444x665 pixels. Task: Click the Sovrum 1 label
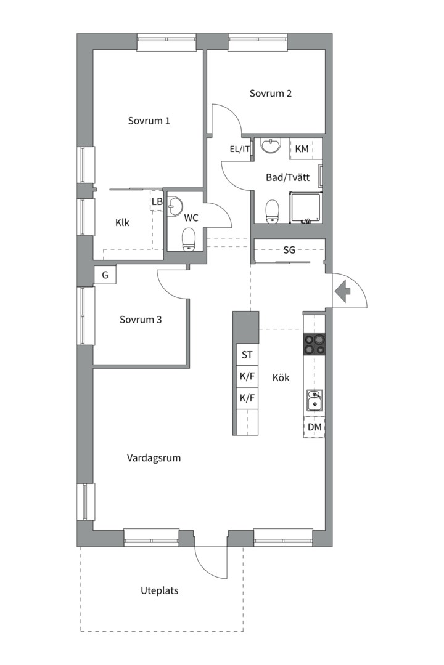[149, 121]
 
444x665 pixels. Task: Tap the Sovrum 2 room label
[271, 94]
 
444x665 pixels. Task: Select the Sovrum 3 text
[141, 320]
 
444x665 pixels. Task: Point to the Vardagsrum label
[154, 458]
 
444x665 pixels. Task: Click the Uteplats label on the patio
[159, 590]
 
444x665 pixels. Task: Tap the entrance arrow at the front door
[342, 292]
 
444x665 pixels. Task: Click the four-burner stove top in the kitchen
[314, 344]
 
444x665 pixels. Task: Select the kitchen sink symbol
[315, 401]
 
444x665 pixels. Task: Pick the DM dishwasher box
[314, 427]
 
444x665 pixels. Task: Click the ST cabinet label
[247, 355]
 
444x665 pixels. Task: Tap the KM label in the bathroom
[302, 149]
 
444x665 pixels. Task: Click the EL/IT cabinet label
[240, 149]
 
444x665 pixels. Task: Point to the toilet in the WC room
[188, 240]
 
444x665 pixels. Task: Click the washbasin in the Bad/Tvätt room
[271, 145]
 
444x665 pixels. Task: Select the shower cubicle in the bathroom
[306, 208]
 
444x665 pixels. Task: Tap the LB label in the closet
[157, 202]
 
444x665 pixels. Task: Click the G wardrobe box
[105, 275]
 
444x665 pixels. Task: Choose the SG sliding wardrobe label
[289, 250]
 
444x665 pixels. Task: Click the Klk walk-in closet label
[122, 223]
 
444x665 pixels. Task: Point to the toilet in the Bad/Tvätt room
[272, 211]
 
